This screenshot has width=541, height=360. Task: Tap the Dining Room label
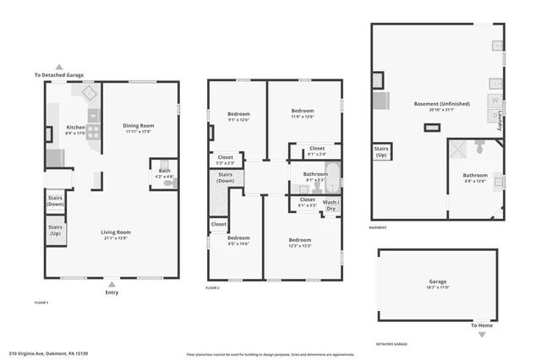click(138, 126)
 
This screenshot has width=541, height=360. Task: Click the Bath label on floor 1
click(164, 172)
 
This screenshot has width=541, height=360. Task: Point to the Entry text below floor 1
click(112, 292)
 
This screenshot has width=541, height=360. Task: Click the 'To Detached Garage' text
click(59, 75)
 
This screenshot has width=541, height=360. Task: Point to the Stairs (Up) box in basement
click(381, 152)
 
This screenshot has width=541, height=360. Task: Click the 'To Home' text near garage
click(481, 325)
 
